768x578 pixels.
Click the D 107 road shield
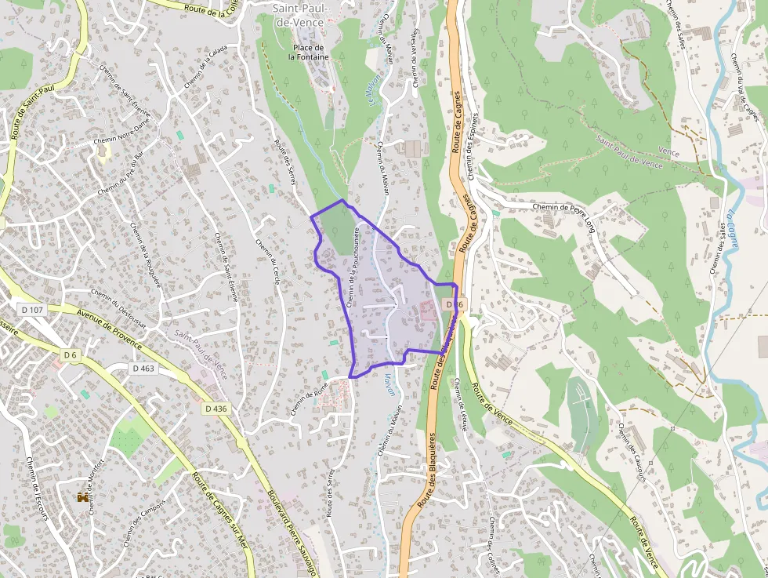click(33, 310)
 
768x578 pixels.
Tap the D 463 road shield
click(144, 368)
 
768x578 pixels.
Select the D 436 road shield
click(216, 409)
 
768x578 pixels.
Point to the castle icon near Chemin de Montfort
click(82, 496)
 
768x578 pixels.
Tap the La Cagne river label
click(732, 228)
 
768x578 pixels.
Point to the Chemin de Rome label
click(310, 398)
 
